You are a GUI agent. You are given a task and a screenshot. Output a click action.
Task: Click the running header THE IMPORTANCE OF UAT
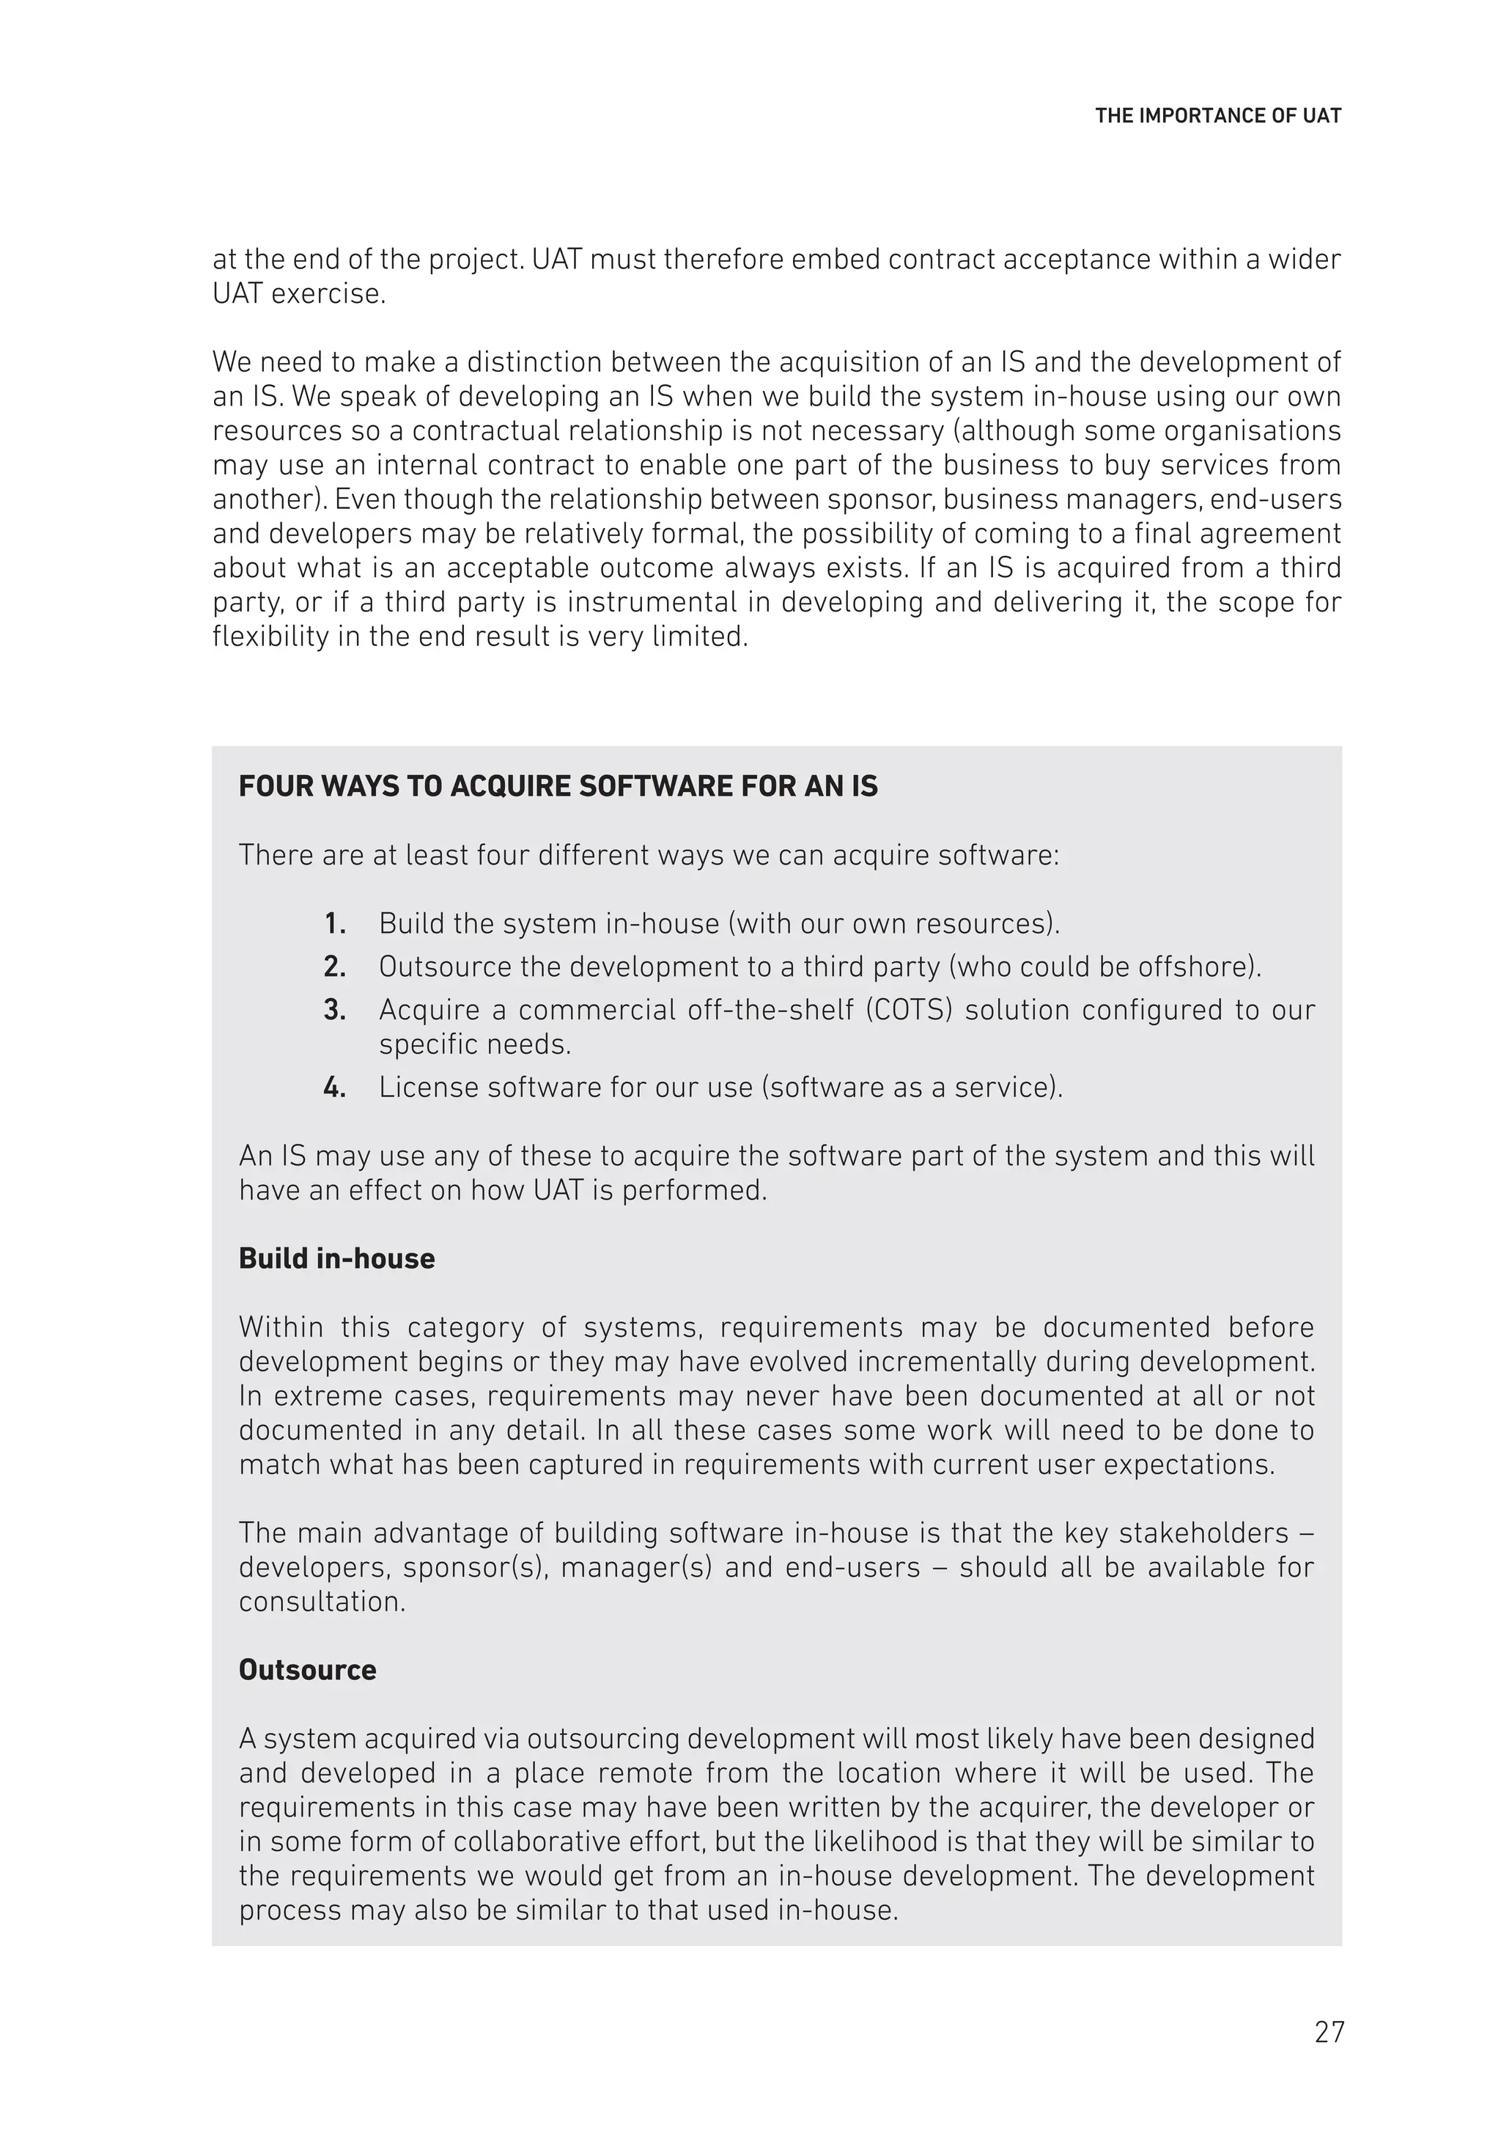1217,117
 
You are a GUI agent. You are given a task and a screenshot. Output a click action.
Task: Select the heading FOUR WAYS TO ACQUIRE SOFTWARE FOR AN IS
558,786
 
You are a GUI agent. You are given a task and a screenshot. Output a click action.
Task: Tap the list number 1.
334,924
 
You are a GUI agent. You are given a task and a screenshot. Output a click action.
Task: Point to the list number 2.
334,967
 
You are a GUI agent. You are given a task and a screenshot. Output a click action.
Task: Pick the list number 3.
334,1010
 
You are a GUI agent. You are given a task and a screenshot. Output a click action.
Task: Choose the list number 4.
334,1088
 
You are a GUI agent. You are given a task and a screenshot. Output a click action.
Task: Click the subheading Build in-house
336,1258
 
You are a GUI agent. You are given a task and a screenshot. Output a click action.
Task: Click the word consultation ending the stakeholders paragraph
322,1601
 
